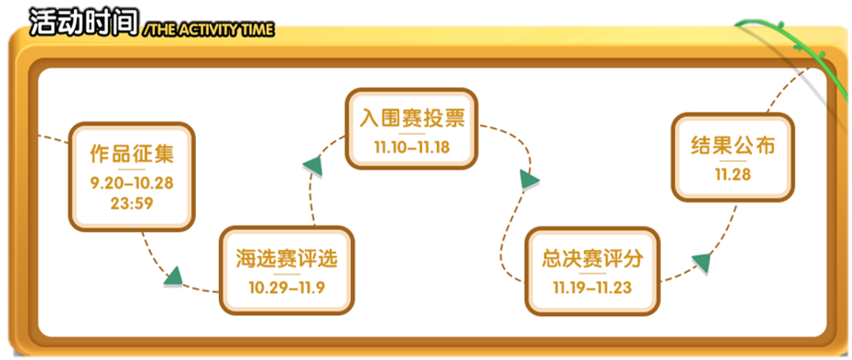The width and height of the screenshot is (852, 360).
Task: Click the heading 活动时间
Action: point(83,21)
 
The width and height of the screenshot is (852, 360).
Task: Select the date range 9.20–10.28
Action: point(132,182)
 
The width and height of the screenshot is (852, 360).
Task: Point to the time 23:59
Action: point(132,202)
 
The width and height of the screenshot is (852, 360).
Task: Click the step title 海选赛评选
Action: point(287,258)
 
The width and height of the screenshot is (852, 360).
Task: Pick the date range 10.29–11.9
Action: point(287,287)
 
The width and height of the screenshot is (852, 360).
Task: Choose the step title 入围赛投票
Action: point(411,119)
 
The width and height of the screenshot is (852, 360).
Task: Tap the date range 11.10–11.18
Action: point(411,147)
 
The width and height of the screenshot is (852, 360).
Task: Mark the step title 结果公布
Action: point(732,146)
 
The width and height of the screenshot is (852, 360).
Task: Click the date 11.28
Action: point(732,174)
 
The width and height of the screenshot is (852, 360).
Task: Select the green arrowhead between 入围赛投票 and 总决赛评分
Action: point(529,179)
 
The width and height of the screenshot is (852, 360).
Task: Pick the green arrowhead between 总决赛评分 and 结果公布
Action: point(701,264)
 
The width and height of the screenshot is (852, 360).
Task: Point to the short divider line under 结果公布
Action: point(732,161)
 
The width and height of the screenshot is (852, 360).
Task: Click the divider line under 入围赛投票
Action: point(411,134)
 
